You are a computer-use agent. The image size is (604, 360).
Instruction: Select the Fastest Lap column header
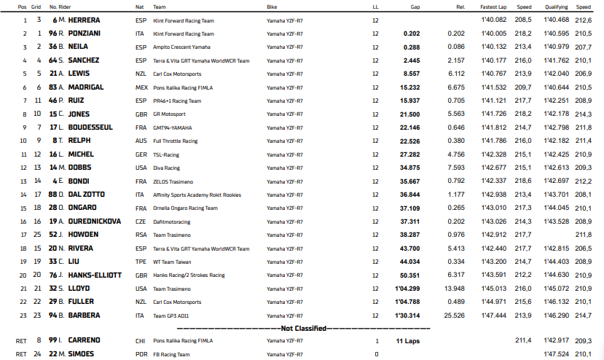pos(494,6)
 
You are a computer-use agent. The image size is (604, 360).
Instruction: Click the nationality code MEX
pos(141,87)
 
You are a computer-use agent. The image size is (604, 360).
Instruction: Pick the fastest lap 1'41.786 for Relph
pos(493,141)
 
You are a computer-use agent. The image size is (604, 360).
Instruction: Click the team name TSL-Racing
pos(167,154)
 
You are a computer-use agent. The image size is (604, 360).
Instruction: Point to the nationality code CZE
pos(140,222)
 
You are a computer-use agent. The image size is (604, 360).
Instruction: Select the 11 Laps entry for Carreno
pos(408,341)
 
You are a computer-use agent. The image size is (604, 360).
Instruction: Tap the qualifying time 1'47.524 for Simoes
pos(557,354)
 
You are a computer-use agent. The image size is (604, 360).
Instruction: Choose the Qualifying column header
pos(557,6)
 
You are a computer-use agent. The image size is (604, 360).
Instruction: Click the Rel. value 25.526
pos(454,315)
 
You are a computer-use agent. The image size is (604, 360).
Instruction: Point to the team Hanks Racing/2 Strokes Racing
pos(189,275)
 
